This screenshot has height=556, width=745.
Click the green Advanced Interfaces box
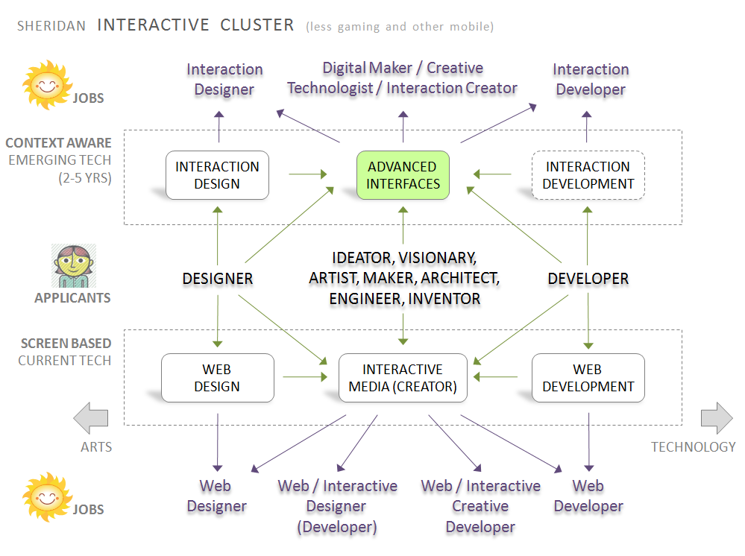(403, 175)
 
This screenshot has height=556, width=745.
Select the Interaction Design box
(217, 175)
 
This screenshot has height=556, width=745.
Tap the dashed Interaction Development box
(588, 175)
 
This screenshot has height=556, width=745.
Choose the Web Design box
(218, 378)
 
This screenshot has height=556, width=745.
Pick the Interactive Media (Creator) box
(403, 378)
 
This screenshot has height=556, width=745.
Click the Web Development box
(588, 378)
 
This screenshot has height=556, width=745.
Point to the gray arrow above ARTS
(91, 418)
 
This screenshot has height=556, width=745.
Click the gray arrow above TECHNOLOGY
(717, 418)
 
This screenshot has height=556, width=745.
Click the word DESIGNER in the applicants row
(218, 279)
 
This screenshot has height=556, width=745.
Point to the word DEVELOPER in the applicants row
(588, 279)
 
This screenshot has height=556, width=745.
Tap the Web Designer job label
(217, 496)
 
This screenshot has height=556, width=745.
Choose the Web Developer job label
(588, 496)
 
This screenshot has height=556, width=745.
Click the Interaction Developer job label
(591, 79)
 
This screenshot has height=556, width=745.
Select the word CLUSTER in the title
(257, 25)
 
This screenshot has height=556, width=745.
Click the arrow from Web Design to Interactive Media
(305, 377)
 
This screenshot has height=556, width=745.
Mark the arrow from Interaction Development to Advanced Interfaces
(492, 174)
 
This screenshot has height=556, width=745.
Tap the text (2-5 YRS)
(85, 178)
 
